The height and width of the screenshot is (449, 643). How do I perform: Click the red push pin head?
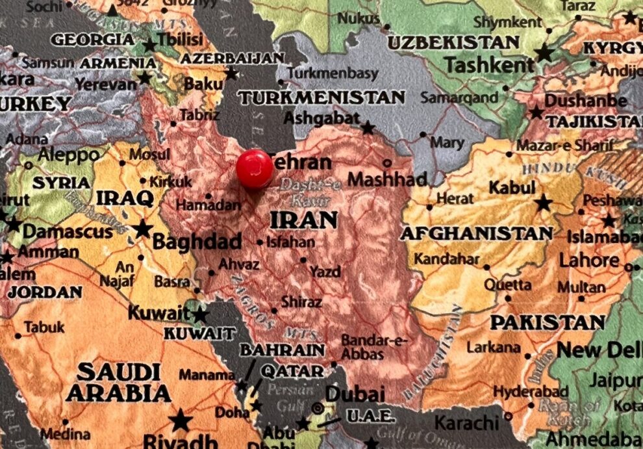point(255,168)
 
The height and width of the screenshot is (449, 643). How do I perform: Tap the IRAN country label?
point(304,220)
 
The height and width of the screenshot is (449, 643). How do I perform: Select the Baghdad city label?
point(197,242)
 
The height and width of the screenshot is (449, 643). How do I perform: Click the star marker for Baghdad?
point(142,229)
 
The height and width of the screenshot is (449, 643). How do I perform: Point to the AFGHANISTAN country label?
point(477,233)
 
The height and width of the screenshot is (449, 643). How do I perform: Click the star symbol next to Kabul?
point(543,203)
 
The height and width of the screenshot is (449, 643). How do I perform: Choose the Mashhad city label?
point(388,179)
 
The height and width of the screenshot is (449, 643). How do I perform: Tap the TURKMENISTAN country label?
point(321,97)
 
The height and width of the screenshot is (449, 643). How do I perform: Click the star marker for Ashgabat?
point(368,127)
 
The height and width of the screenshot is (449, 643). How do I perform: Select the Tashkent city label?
point(489,64)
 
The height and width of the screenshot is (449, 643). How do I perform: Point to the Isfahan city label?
point(292,242)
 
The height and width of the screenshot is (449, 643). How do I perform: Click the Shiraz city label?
point(301,302)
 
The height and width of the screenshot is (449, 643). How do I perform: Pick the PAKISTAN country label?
point(548,322)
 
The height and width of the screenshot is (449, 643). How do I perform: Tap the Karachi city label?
point(466,423)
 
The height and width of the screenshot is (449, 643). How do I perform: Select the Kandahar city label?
point(446,259)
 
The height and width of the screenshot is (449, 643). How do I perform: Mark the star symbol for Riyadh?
point(180,420)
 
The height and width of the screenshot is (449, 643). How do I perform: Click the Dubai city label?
point(355,394)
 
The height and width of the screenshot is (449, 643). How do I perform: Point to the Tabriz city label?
point(199,115)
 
